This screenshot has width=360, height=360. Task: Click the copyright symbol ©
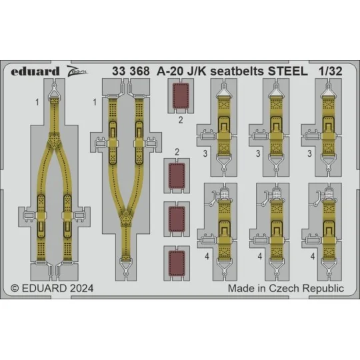[x=15, y=289]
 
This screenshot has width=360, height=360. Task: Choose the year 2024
[x=83, y=289]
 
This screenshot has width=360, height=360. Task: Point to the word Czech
[x=285, y=289]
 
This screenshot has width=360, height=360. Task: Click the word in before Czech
[x=263, y=289]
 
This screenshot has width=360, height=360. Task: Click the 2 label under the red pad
[x=180, y=121]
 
